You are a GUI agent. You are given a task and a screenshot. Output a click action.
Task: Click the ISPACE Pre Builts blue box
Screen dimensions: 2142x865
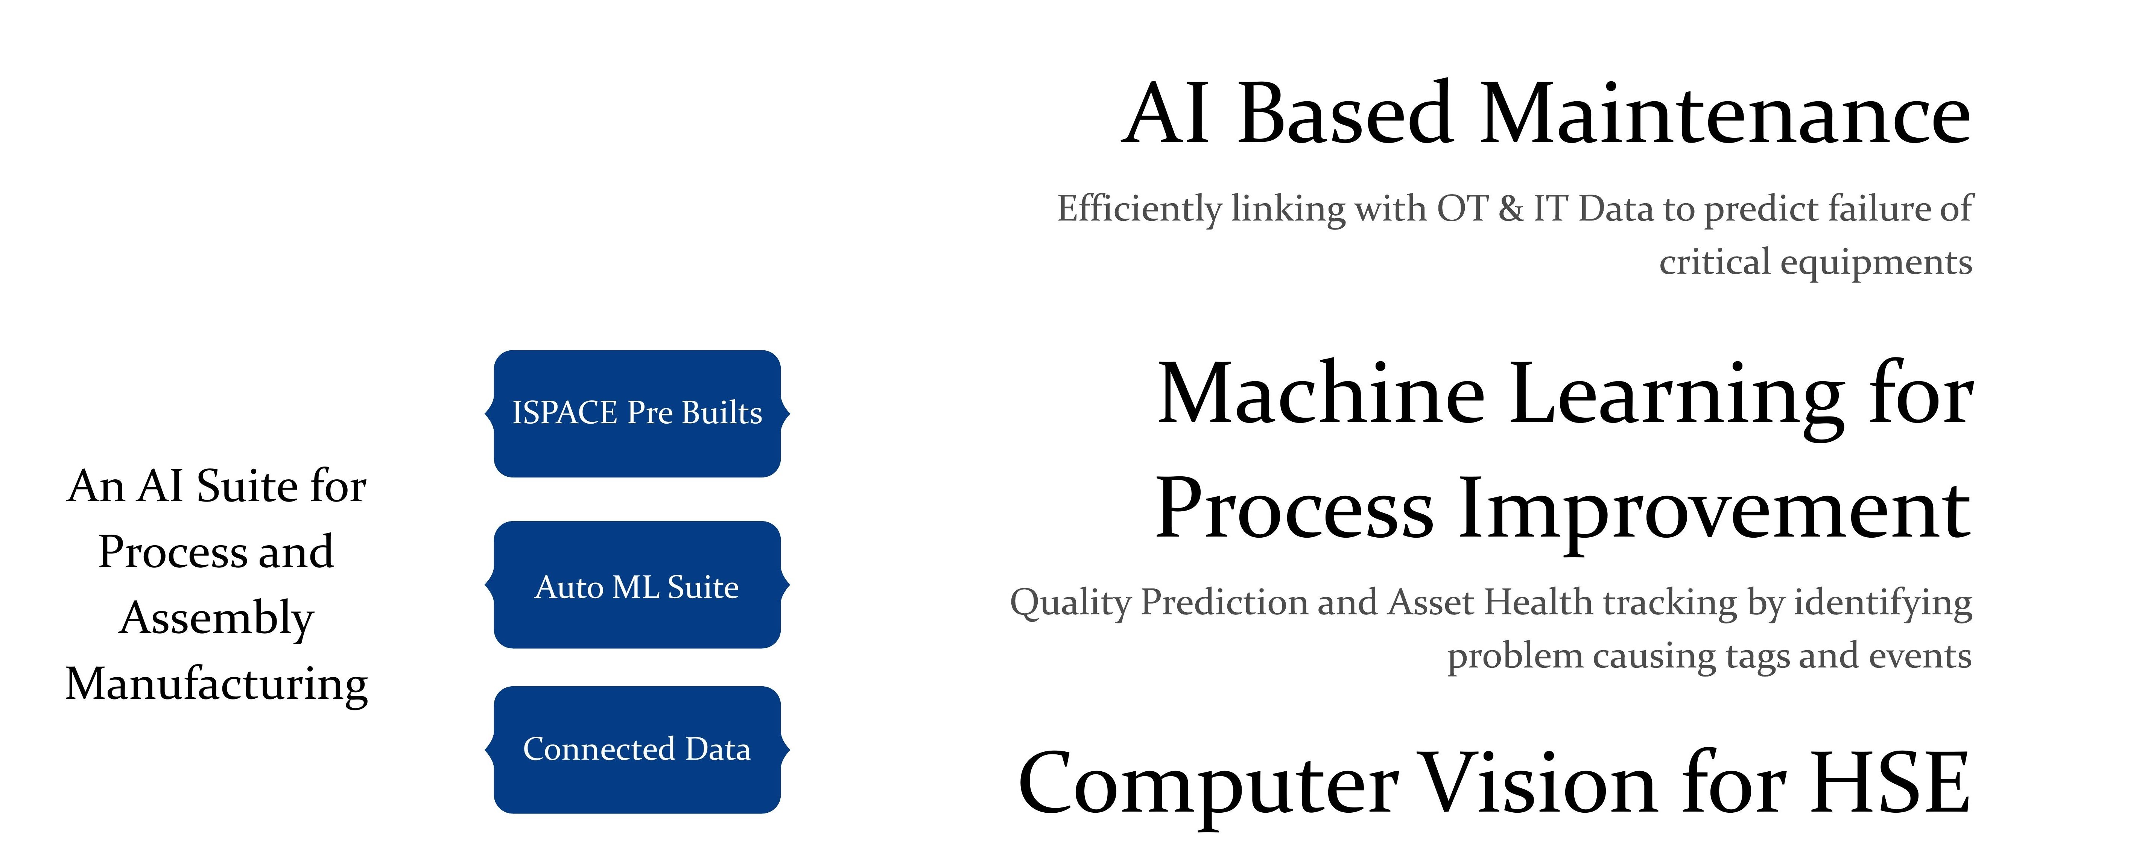[637, 413]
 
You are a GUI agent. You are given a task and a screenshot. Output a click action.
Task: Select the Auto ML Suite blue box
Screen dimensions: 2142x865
[637, 585]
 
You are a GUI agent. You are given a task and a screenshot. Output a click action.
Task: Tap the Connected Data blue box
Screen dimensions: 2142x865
[637, 749]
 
